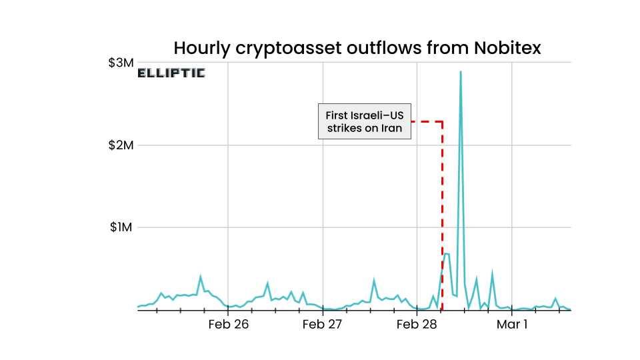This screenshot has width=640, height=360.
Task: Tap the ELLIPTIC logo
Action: tap(171, 73)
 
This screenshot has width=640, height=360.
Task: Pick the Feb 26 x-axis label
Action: tap(228, 325)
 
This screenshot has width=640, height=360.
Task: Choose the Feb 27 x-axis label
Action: tap(322, 325)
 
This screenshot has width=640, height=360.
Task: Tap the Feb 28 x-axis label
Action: tap(417, 325)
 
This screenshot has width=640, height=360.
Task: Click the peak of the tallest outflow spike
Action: tap(461, 71)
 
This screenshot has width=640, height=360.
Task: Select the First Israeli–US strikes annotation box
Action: tap(364, 121)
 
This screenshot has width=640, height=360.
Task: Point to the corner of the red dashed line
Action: tap(442, 122)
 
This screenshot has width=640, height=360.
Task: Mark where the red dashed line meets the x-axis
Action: tap(442, 310)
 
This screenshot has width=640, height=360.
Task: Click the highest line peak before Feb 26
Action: tap(201, 276)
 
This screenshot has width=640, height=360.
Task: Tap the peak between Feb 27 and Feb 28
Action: tap(374, 280)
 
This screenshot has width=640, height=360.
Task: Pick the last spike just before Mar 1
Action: tap(492, 273)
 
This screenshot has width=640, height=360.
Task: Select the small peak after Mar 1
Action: tap(555, 299)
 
